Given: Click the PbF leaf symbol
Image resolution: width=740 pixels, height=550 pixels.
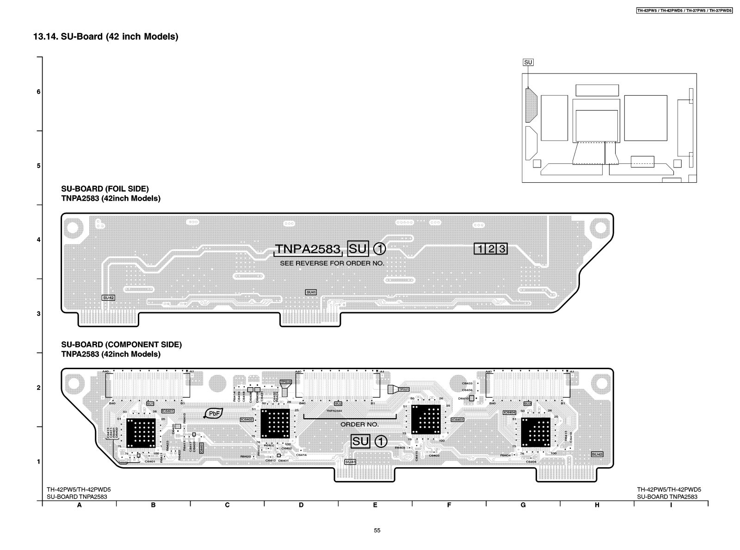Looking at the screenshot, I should tap(214, 414).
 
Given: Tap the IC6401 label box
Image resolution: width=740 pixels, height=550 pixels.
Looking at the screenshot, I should tap(168, 411).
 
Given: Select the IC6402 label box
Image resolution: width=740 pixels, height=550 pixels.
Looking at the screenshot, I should tap(247, 420).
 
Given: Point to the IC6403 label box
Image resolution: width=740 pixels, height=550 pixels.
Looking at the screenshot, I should tap(457, 420).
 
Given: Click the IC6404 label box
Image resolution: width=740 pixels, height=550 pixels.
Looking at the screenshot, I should tap(509, 412).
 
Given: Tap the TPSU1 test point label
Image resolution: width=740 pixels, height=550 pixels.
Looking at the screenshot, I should tap(404, 389).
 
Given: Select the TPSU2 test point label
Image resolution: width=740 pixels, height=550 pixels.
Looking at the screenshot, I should tap(286, 382).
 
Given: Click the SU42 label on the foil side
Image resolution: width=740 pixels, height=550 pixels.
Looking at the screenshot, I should tap(108, 298).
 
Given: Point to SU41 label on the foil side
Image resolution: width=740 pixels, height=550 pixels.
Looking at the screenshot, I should tap(311, 292).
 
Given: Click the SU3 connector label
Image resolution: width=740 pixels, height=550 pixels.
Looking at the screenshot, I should tap(528, 404).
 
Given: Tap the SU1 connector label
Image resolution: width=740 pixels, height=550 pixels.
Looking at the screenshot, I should tap(150, 404).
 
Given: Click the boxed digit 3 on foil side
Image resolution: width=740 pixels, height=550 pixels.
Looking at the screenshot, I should tap(502, 249).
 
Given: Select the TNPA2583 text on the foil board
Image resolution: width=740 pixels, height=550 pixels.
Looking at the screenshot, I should tap(308, 249).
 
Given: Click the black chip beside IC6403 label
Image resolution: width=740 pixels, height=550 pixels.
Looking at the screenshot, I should tap(425, 419).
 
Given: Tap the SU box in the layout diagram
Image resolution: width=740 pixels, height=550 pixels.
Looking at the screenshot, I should tap(528, 62).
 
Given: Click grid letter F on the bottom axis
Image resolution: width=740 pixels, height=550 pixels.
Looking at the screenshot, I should tap(449, 505).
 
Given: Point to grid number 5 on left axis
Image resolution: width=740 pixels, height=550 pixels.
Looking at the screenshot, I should tap(39, 166).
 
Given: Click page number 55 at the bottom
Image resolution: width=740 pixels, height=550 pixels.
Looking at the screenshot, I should tap(377, 531).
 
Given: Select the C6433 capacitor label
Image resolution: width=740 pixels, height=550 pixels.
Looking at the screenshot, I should tap(467, 383).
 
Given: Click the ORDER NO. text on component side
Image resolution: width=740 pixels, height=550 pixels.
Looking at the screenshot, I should tap(359, 424).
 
